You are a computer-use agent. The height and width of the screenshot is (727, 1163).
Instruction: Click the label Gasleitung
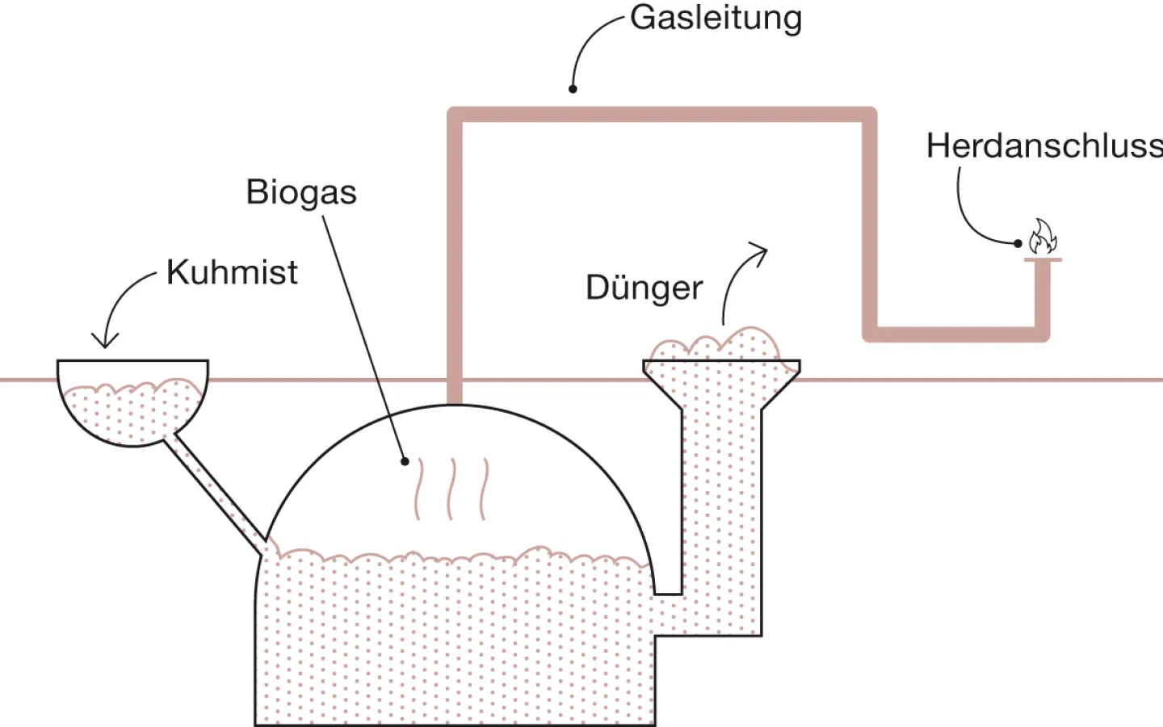(x=716, y=18)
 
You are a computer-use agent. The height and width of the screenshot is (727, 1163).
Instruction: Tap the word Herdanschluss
(x=1043, y=146)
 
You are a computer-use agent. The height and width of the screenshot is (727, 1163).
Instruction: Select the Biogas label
(x=301, y=192)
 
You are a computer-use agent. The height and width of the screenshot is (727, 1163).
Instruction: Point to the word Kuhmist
(x=232, y=272)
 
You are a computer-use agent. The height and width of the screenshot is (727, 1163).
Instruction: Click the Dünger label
(x=644, y=288)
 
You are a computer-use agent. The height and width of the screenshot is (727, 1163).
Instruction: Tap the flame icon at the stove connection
(x=1042, y=237)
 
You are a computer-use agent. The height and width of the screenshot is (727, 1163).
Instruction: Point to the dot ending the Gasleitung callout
(x=573, y=89)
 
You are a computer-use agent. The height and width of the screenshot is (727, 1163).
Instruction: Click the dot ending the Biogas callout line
(x=405, y=462)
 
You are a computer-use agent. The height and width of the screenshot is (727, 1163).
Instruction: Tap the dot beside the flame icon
(x=1018, y=243)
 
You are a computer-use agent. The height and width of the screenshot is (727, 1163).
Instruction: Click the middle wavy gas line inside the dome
(x=451, y=489)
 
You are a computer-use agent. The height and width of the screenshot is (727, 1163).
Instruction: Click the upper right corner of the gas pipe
(x=869, y=115)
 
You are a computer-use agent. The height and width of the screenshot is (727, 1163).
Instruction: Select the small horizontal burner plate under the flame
(x=1043, y=259)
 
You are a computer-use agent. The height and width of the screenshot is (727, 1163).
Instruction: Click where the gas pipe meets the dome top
(x=455, y=401)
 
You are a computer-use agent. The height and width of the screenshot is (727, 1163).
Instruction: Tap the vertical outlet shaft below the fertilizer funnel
(x=720, y=501)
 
